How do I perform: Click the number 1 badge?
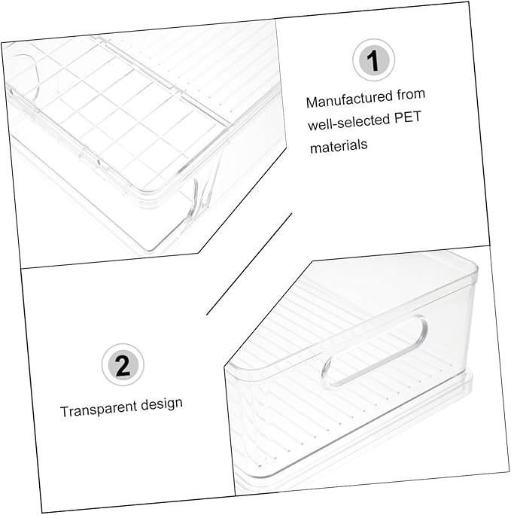(373, 59)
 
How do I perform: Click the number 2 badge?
(123, 364)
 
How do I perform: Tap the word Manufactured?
(349, 99)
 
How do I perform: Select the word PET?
(407, 118)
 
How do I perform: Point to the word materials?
(339, 146)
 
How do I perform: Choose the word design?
(162, 404)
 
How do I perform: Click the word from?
(411, 94)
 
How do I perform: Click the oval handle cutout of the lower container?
(375, 350)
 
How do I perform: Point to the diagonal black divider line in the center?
(249, 264)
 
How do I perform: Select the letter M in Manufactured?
(312, 102)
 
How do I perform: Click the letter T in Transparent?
(65, 412)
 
